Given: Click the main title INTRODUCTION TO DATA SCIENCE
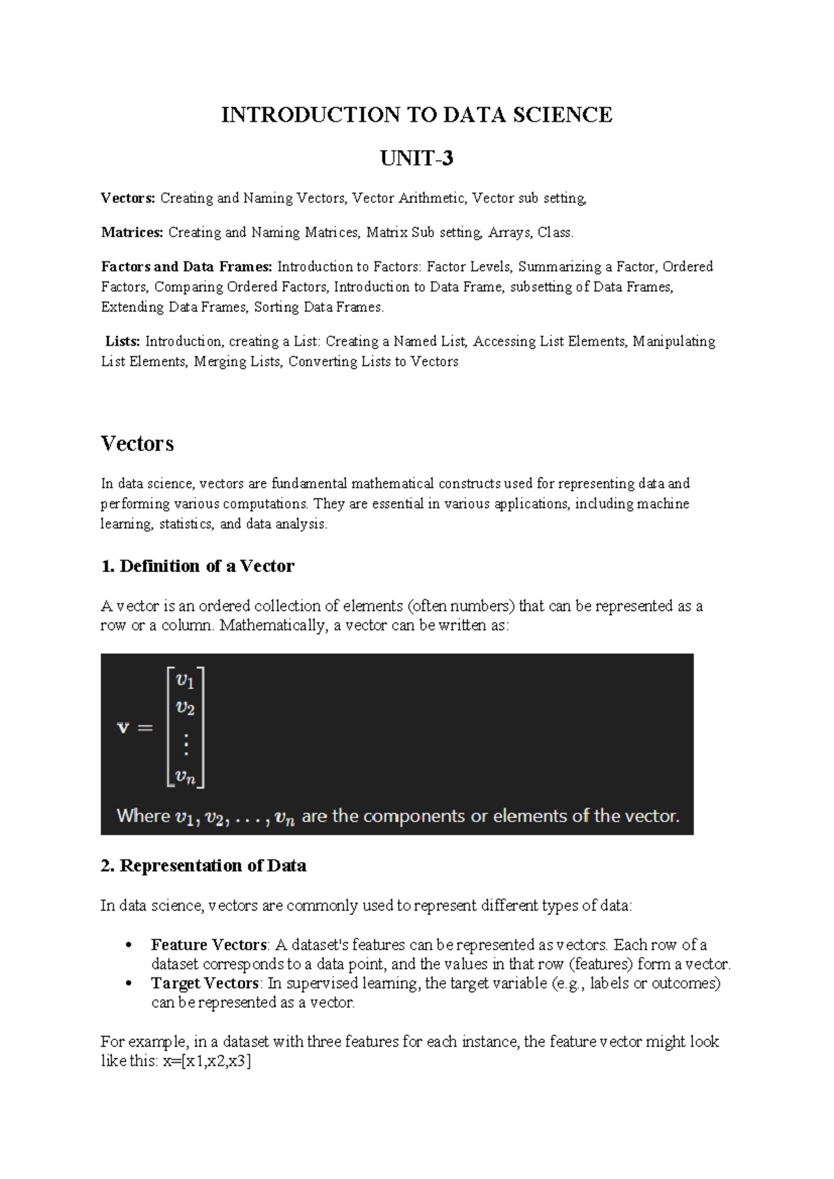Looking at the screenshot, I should coord(416,115).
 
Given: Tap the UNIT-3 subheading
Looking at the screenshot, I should coord(416,159).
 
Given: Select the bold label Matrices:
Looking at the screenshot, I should coord(132,233).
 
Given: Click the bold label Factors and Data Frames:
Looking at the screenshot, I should coord(186,267).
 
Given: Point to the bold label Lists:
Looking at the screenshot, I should coord(123,341).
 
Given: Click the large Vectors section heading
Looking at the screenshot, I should coord(137,444).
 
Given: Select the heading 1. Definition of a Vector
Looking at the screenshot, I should coord(197,566).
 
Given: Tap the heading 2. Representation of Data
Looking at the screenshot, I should coord(203,865).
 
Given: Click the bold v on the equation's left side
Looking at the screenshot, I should coord(123,728).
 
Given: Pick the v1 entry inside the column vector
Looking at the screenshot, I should coord(186,680).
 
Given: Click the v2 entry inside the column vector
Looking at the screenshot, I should coord(186,708).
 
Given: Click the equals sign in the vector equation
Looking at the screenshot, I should coord(145,729).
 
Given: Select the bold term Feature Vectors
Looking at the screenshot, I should coord(208,945).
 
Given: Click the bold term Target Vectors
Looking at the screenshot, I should coord(205,983).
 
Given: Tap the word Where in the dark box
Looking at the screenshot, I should coord(143,816).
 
